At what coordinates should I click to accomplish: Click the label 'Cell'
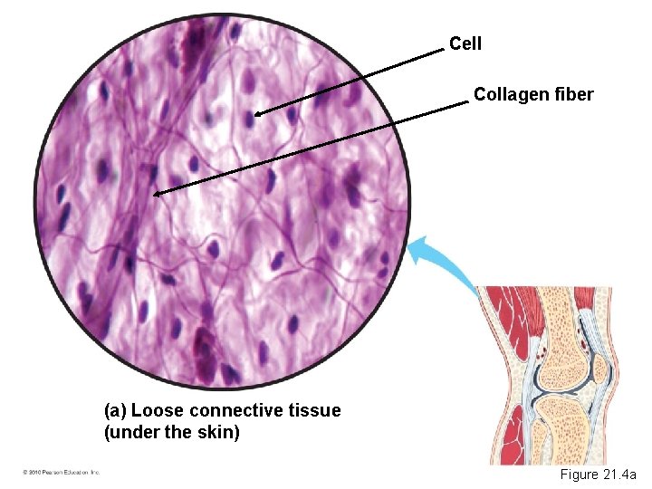click(466, 43)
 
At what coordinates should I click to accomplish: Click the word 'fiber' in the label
click(572, 93)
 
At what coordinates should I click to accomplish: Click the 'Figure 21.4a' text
click(598, 475)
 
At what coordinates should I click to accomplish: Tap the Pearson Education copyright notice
click(61, 473)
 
